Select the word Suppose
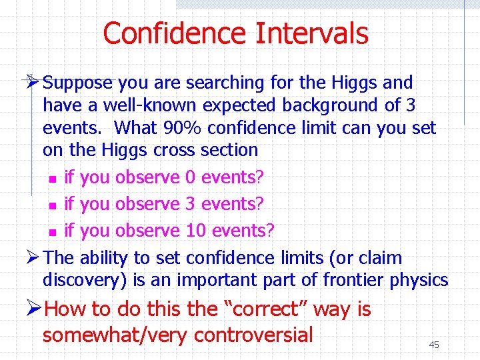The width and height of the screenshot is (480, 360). (79, 83)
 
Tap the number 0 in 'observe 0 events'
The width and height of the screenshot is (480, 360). (190, 178)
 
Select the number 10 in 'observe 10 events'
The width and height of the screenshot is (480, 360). (196, 231)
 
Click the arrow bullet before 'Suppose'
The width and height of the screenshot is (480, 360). (31, 82)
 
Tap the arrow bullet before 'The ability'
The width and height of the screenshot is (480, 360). (31, 257)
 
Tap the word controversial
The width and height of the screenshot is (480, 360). (253, 334)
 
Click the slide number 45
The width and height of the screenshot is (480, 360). (434, 345)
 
